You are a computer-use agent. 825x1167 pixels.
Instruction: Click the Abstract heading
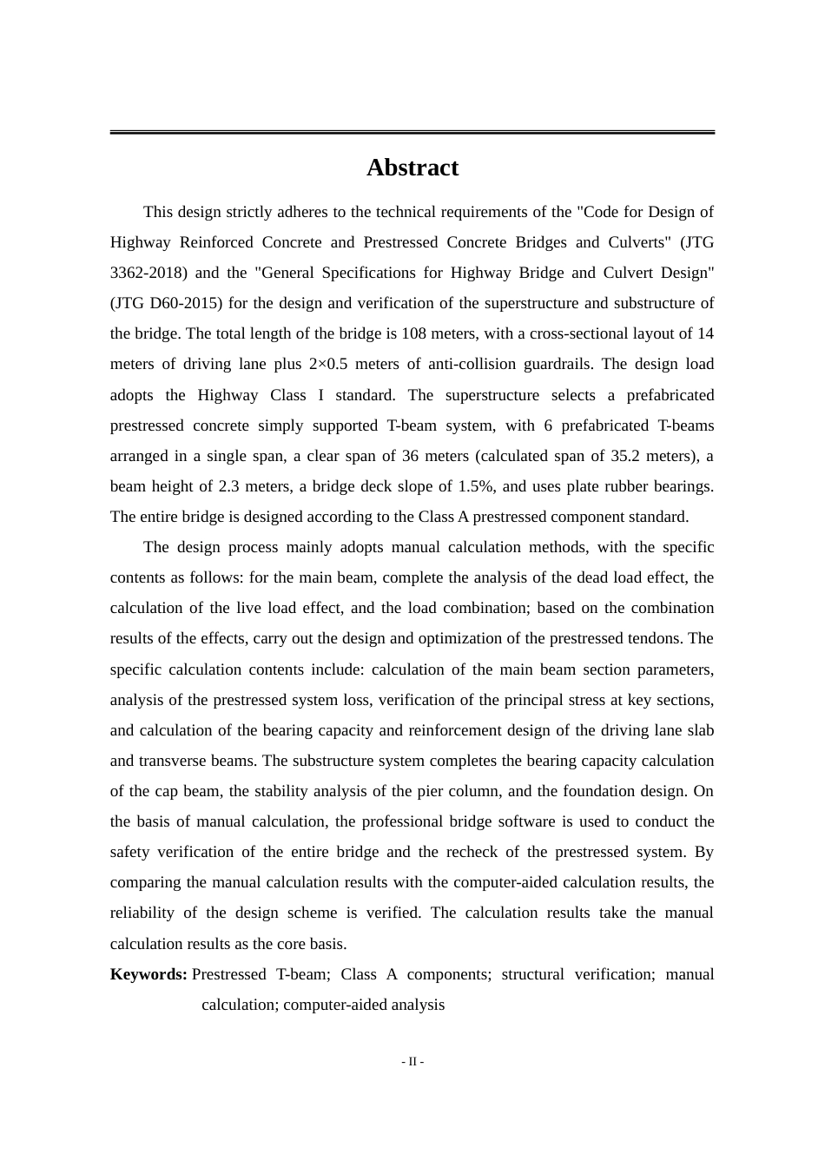coord(412,168)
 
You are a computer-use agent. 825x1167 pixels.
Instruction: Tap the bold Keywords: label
coord(148,974)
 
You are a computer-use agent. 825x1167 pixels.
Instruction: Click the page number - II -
coord(412,1061)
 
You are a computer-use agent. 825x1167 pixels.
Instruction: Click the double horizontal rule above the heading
coord(412,133)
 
